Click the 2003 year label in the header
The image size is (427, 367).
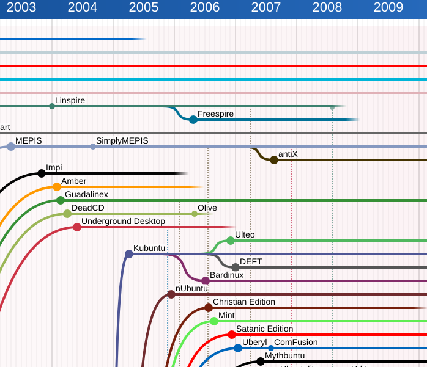21,8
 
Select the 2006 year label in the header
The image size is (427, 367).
205,8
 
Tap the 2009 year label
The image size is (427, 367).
388,8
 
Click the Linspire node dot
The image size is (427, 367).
52,106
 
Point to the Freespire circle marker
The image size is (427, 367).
193,120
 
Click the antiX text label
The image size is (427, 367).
288,154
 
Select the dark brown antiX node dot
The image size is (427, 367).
274,160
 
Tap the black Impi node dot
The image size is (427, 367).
42,173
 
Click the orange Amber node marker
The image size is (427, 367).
57,187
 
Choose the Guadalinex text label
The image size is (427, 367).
86,194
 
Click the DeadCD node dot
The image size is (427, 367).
67,214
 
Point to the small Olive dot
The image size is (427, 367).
195,214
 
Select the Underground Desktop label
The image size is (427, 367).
123,221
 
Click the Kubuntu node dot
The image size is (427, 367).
128,254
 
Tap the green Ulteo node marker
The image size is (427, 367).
231,241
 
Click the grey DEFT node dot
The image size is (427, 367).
236,267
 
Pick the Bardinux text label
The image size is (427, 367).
226,275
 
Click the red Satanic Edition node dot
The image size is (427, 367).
232,335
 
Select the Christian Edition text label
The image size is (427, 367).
243,302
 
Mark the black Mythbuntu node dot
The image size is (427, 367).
261,362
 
